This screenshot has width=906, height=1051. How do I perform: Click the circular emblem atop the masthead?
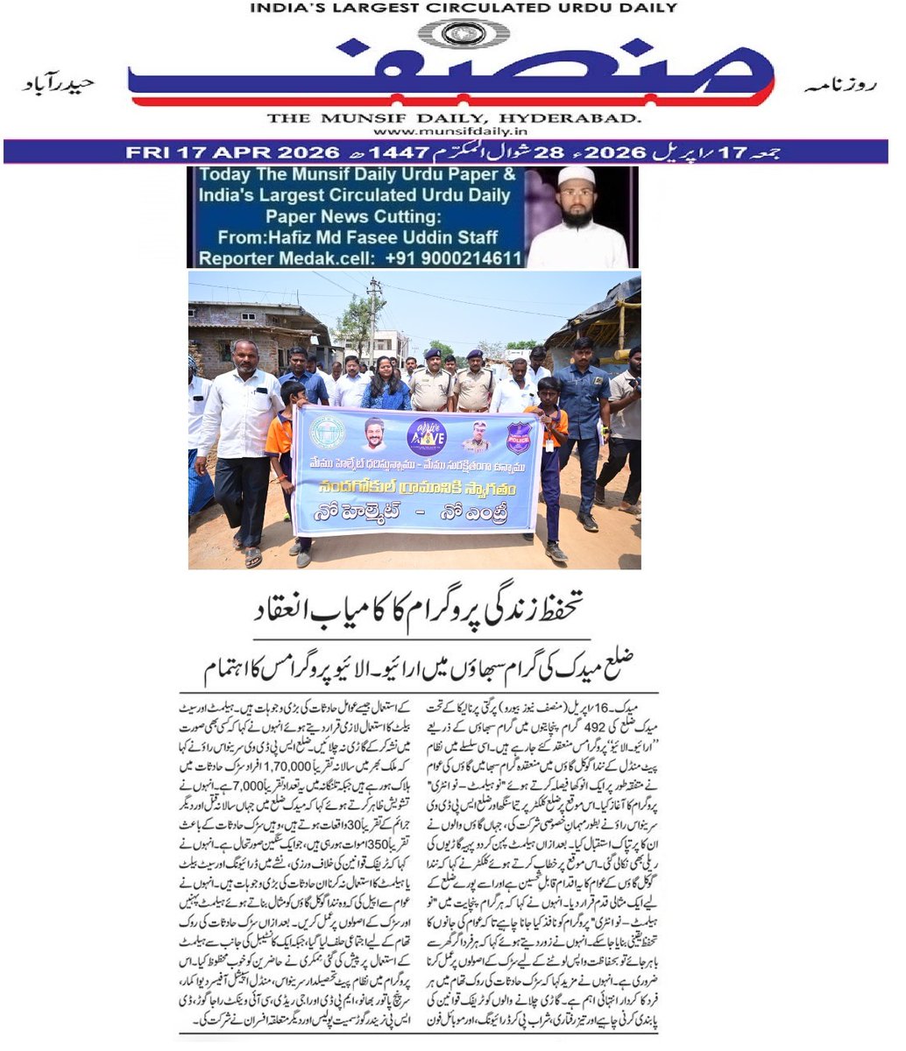click(453, 34)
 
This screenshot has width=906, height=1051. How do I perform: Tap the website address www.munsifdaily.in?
click(452, 131)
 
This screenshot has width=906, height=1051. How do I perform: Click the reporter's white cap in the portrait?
click(577, 176)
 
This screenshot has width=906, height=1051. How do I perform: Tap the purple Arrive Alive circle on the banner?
click(427, 435)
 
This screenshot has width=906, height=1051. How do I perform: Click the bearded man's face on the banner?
click(374, 434)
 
